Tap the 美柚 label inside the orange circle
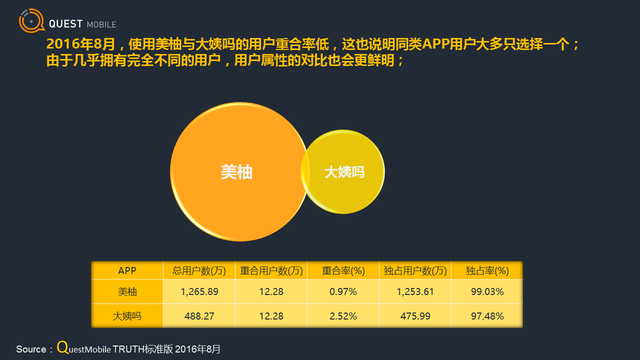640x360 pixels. pyautogui.click(x=236, y=172)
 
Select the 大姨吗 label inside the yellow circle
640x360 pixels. pyautogui.click(x=344, y=172)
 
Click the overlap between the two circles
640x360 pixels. pyautogui.click(x=305, y=171)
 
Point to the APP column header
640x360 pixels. pyautogui.click(x=127, y=270)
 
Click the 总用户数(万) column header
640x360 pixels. pyautogui.click(x=199, y=270)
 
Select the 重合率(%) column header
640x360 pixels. pyautogui.click(x=343, y=270)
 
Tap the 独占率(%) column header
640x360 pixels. pyautogui.click(x=487, y=270)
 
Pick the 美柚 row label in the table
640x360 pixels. pyautogui.click(x=127, y=291)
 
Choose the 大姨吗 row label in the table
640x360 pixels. pyautogui.click(x=127, y=316)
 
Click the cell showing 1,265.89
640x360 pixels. pyautogui.click(x=199, y=291)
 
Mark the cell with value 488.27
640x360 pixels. pyautogui.click(x=199, y=316)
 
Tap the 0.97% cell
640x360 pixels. pyautogui.click(x=343, y=291)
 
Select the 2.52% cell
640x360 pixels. pyautogui.click(x=343, y=316)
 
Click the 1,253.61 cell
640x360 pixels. pyautogui.click(x=415, y=291)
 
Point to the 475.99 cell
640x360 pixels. pyautogui.click(x=415, y=316)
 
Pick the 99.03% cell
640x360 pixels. pyautogui.click(x=487, y=291)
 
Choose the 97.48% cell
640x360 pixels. pyautogui.click(x=487, y=316)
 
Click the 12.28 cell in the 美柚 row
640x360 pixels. pyautogui.click(x=271, y=291)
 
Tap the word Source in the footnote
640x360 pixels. pyautogui.click(x=31, y=349)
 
